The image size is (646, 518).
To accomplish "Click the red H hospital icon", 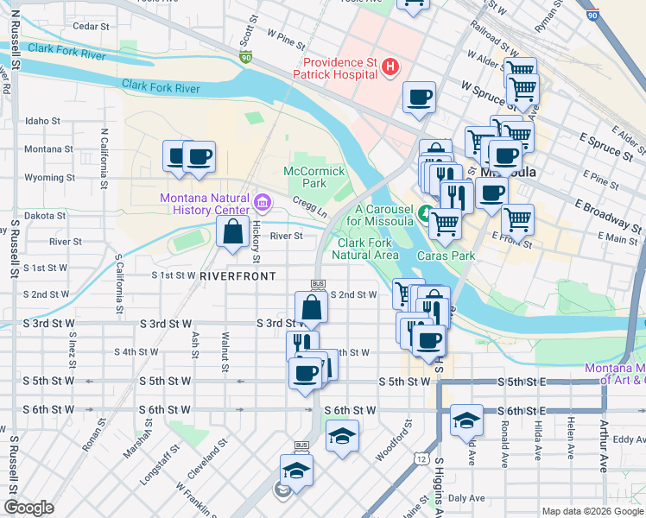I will pos(390,66).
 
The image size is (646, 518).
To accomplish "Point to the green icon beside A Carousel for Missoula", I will pos(425,213).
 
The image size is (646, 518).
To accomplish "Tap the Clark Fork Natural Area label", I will pos(367,249).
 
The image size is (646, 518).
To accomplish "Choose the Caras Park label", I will pos(446,256).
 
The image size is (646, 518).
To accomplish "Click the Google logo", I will pos(28,507).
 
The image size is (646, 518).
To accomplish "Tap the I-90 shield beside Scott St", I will pos(245,58).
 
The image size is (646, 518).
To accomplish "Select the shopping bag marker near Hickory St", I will pos(232,232).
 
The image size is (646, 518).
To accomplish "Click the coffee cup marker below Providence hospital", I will pos(419,97).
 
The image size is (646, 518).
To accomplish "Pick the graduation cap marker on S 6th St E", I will pos(466,420).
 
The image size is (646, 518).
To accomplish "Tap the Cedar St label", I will pos(91,27).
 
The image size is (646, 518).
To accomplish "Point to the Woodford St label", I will pos(398,431).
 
